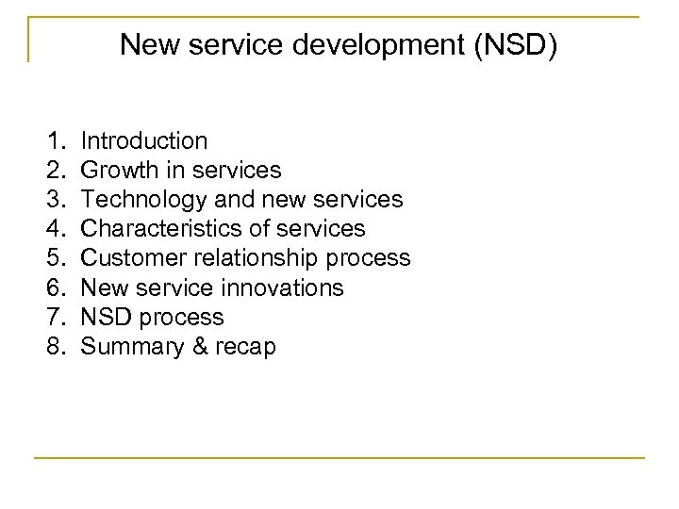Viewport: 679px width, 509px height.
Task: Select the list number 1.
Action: coord(53,142)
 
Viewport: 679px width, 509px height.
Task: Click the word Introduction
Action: coord(144,142)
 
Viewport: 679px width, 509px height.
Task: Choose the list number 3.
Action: coord(53,201)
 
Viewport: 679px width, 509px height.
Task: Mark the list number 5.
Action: coord(53,259)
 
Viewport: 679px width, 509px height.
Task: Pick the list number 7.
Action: coord(53,318)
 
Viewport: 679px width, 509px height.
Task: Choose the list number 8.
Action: coord(53,347)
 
